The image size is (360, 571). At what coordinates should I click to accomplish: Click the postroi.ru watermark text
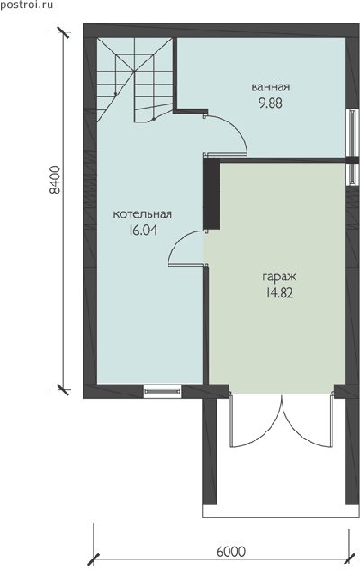[27, 5]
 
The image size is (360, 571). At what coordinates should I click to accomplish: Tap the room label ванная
[271, 87]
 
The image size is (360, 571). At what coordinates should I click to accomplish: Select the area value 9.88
[271, 104]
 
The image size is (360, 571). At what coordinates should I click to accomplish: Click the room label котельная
[142, 214]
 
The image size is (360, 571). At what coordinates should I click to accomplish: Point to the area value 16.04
[143, 231]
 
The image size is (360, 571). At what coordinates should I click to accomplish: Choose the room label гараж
[279, 277]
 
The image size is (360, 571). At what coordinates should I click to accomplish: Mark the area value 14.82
[279, 294]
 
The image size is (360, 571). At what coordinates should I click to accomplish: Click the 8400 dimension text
[55, 180]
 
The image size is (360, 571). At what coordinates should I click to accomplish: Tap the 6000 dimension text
[230, 551]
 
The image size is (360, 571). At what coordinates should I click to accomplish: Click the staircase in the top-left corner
[135, 80]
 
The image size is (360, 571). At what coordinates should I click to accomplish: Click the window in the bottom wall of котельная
[162, 392]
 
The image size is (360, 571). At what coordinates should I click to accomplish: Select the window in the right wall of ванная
[352, 132]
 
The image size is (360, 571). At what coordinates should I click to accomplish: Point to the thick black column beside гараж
[211, 194]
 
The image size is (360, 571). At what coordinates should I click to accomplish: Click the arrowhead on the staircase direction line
[116, 94]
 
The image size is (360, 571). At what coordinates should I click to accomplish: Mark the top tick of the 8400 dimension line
[64, 32]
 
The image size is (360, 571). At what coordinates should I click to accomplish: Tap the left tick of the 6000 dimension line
[94, 558]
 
